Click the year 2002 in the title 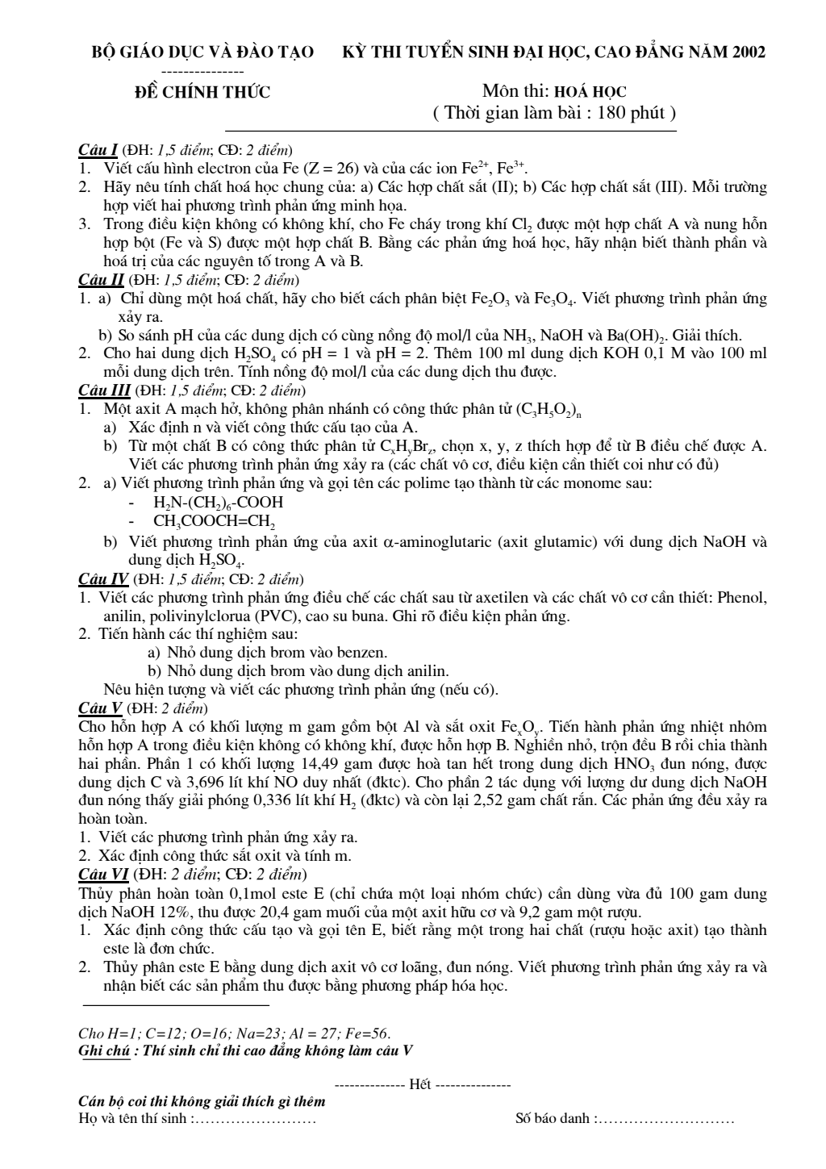[749, 52]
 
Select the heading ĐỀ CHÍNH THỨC [202, 92]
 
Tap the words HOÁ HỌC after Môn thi [590, 92]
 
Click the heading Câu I [98, 149]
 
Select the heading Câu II [101, 280]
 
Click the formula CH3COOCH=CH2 [215, 522]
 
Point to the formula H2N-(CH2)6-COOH [219, 503]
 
